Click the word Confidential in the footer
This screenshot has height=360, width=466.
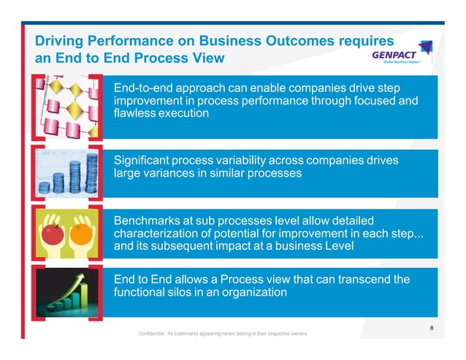click(150, 334)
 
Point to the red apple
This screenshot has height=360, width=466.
click(53, 234)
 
